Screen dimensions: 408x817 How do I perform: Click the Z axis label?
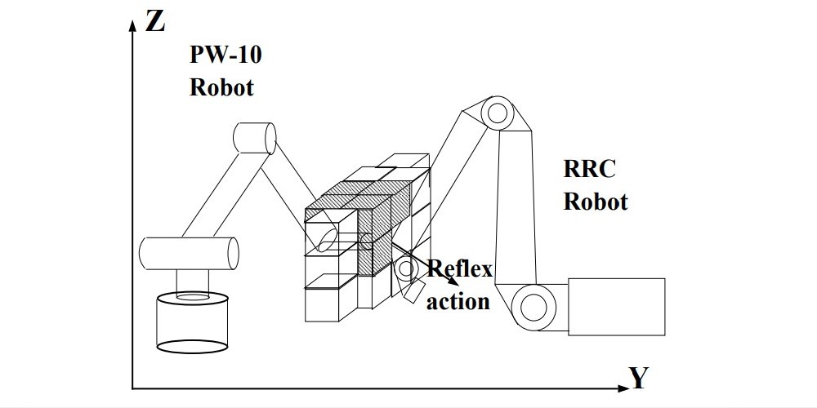coord(154,22)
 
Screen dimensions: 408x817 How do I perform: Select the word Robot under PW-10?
coord(221,87)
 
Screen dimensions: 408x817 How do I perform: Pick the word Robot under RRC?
coord(595,202)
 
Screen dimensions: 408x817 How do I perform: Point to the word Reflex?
coord(460,268)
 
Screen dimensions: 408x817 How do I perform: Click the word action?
coord(458,301)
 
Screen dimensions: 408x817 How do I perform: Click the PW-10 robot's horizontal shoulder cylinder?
coord(189,252)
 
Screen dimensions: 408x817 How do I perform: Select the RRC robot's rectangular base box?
coord(617,307)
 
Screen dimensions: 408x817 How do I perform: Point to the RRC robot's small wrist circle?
coord(405,268)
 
